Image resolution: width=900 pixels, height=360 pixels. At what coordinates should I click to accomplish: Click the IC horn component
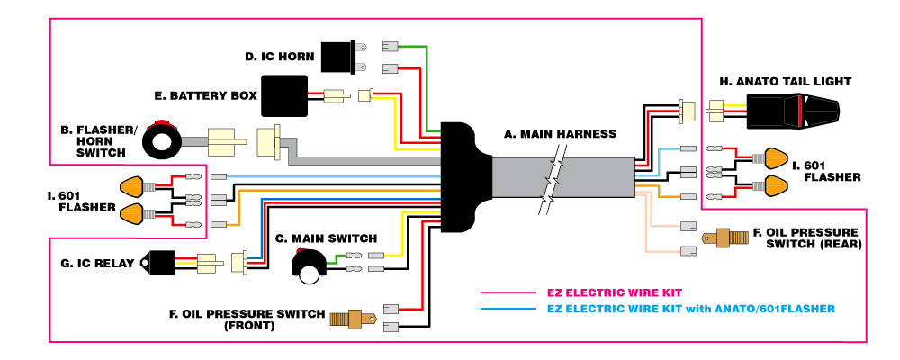point(340,57)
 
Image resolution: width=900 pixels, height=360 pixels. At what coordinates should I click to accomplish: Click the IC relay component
point(163,262)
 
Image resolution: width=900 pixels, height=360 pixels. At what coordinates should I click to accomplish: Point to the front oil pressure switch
point(354,318)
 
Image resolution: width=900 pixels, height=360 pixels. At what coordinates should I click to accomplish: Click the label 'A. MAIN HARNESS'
point(560,134)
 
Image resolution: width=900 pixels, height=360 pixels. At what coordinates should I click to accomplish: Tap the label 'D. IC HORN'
point(279,58)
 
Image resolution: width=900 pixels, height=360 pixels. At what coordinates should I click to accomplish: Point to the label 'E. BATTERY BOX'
point(206,94)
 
